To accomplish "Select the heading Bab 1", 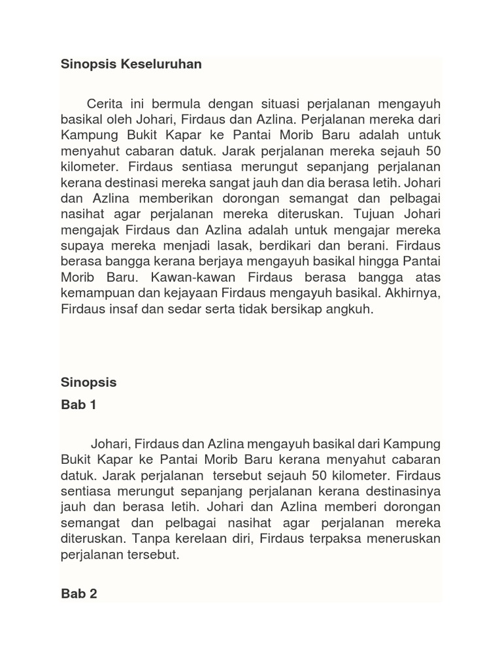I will (x=78, y=405).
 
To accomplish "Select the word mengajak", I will (x=88, y=231).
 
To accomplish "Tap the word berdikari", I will (x=294, y=246).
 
